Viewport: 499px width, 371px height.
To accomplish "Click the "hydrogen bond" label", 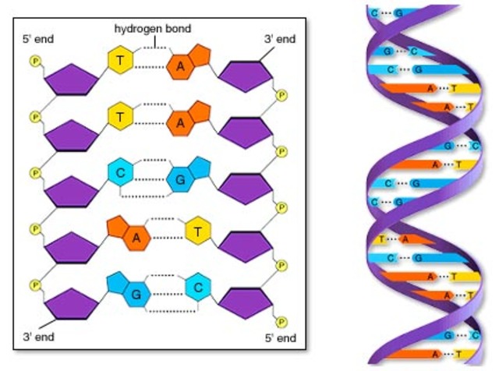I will tap(153, 29).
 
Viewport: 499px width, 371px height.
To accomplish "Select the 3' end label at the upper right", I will tap(279, 38).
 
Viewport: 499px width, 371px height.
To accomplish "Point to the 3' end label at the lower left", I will tap(39, 337).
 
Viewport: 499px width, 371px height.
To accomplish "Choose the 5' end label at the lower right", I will tap(279, 337).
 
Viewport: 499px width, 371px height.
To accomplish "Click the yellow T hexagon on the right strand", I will tap(198, 231).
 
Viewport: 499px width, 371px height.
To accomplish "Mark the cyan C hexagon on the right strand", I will tap(199, 287).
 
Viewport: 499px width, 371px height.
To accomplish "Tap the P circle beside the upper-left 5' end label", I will tap(34, 60).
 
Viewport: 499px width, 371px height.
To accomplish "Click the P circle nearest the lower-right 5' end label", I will tap(282, 320).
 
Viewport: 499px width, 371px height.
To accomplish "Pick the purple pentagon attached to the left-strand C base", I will tap(71, 192).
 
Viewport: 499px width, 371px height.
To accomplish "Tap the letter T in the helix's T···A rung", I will tap(381, 239).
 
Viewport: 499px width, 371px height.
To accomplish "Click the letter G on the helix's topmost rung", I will tap(399, 13).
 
